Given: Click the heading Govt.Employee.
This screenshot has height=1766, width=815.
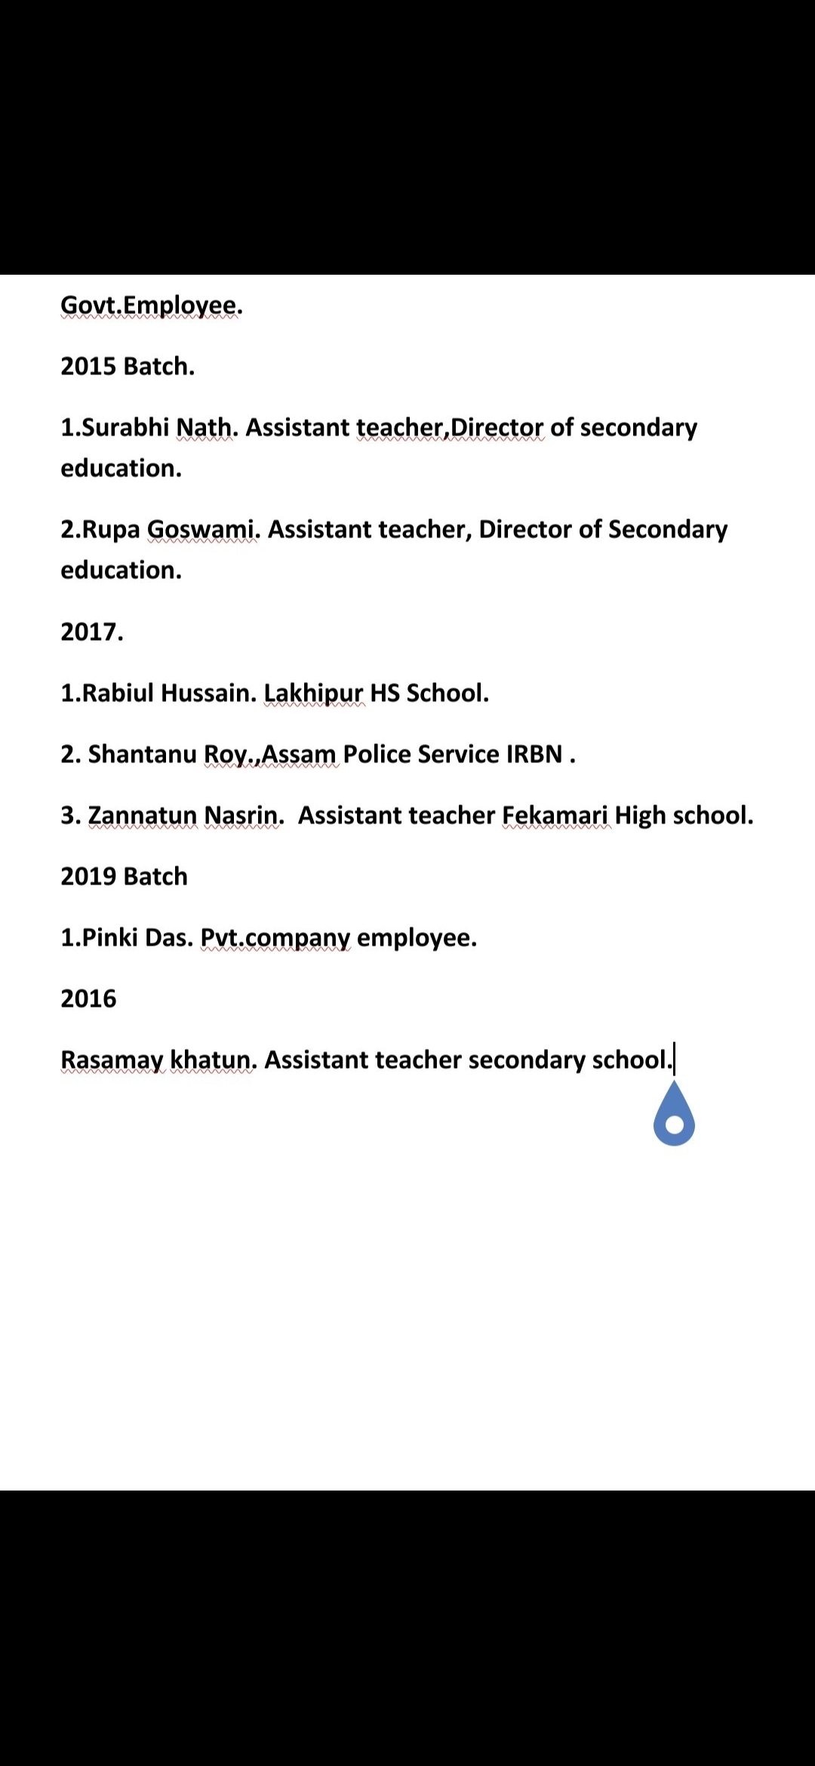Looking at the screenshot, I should click(x=151, y=306).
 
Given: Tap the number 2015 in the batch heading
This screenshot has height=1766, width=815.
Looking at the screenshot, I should click(x=88, y=366).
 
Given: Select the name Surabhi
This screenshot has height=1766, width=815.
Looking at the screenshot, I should click(x=126, y=427).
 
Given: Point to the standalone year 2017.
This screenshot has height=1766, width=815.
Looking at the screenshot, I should click(x=91, y=632).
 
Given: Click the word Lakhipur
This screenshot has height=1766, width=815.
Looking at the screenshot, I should click(x=313, y=693).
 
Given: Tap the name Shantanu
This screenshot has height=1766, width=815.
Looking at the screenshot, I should click(x=143, y=754).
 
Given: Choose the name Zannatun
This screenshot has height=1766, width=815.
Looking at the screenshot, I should click(x=143, y=815).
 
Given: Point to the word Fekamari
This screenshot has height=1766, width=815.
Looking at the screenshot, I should click(x=555, y=815).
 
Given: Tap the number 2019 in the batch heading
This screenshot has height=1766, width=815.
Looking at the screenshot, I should click(x=88, y=876).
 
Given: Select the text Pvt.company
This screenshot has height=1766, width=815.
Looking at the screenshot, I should click(x=275, y=938).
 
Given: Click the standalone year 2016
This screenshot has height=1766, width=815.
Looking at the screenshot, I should click(x=88, y=998).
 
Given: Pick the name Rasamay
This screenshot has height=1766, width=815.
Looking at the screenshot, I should click(x=112, y=1060).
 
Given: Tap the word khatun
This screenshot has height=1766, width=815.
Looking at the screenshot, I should click(x=214, y=1060).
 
